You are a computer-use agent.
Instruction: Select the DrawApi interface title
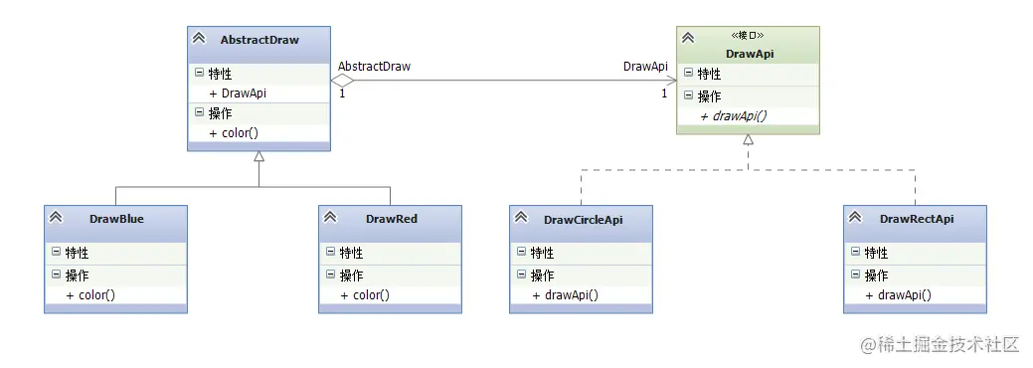point(747,53)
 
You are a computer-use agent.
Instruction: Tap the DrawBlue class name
point(116,219)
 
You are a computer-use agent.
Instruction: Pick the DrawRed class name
point(391,219)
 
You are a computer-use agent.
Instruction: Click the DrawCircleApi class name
point(584,219)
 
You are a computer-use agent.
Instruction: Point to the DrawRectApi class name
point(917,219)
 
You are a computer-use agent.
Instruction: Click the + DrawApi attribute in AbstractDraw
point(238,92)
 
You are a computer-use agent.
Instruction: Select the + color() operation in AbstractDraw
point(235,132)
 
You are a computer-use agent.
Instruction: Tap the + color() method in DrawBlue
point(90,294)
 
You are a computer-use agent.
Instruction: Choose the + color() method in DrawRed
point(365,294)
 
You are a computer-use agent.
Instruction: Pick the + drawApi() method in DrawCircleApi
point(565,294)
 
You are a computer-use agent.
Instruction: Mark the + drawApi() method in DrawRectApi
point(898,294)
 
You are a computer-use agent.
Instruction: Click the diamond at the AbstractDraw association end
point(342,81)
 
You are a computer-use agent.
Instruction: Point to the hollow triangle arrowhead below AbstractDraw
point(258,156)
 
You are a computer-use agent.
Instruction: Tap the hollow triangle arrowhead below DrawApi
point(748,139)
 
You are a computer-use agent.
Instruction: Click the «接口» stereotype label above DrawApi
point(748,36)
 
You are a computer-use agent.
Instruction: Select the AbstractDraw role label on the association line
point(374,67)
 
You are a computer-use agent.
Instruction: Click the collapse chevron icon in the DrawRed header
point(330,218)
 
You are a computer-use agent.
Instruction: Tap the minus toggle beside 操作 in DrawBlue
point(57,275)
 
